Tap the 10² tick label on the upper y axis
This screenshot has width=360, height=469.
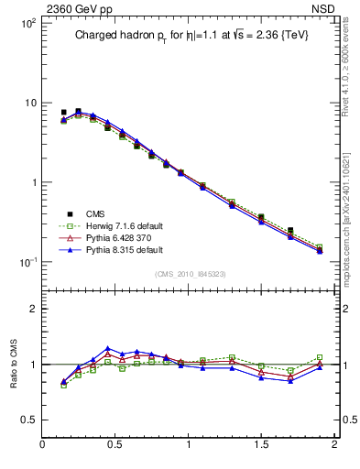(x=27, y=22)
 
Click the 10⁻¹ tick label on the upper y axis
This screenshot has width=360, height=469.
(x=27, y=262)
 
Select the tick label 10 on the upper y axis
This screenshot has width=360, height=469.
(x=29, y=103)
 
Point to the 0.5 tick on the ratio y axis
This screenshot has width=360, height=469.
(x=28, y=420)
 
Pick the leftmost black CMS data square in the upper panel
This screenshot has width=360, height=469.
(x=63, y=113)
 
